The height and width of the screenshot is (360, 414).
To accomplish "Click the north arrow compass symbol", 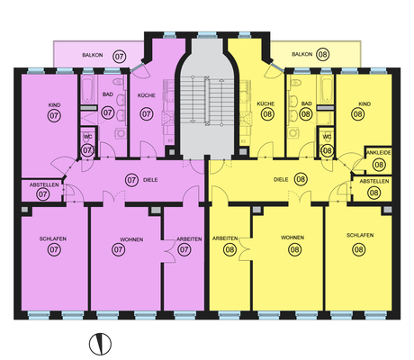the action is pos(100,344).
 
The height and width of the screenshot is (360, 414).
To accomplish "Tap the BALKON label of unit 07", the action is pos(93,55).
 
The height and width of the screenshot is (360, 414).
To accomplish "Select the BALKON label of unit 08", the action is pos(302,54).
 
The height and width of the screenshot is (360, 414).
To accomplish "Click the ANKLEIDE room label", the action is pos(379,153).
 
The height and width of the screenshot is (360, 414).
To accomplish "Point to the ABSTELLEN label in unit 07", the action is pos(44,185).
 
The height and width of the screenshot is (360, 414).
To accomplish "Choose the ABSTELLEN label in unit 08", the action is pos(374,181).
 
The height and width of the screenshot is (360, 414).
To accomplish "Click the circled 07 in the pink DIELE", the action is pos(131,180).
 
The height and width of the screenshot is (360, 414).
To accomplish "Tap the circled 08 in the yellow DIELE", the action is pos(301,179).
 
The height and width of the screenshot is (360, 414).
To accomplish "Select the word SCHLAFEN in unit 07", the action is pos(53,239).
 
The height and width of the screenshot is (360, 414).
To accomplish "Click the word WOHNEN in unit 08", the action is pos(292,238).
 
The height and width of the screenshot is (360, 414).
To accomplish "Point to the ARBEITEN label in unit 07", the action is pos(189,239).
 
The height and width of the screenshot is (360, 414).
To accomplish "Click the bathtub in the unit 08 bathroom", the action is pos(326,89).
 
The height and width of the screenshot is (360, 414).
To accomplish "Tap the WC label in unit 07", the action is pos(87,137).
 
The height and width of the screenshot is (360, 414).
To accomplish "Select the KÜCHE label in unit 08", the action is pos(265,103).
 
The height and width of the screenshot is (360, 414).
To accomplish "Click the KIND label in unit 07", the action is pos(54,105).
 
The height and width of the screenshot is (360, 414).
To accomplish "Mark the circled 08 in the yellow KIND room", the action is pos(357,114).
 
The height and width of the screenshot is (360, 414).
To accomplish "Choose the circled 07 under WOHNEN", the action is pos(118,249).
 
